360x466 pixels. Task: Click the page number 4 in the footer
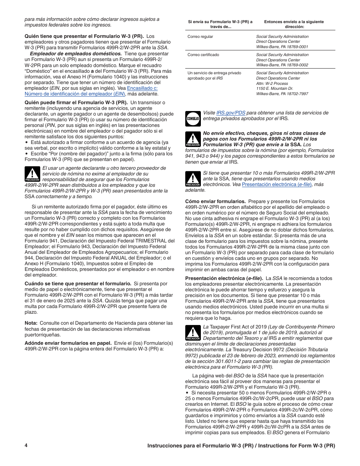[26, 446]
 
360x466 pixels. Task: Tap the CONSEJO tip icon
[193, 118]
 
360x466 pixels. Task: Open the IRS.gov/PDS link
[230, 113]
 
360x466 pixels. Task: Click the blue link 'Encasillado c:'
[142, 88]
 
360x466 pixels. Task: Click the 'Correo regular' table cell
[200, 37]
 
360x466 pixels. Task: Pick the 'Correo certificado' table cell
[203, 55]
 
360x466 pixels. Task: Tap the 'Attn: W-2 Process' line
[272, 83]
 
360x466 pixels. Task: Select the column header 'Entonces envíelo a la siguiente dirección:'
[294, 24]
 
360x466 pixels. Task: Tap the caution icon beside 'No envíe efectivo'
[193, 139]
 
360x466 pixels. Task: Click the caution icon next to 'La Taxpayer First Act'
[193, 333]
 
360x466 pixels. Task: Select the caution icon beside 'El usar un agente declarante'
[32, 174]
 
